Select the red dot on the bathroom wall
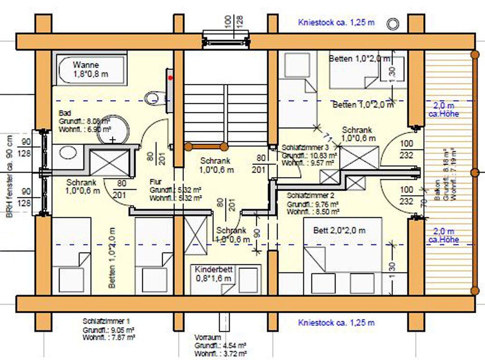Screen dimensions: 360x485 point(170,77)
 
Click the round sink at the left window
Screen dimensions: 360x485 point(69,153)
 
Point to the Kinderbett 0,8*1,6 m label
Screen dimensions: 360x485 point(214,274)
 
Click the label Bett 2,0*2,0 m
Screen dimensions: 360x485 point(339,231)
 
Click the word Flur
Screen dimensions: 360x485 point(155,182)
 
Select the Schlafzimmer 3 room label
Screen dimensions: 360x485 point(305,147)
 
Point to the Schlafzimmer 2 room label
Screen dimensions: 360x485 point(310,196)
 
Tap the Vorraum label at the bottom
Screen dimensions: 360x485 point(208,337)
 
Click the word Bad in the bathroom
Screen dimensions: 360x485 point(65,113)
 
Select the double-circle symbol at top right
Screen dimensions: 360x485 point(395,23)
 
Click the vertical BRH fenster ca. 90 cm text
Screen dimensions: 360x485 point(9,175)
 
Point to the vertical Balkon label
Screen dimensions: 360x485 point(437,197)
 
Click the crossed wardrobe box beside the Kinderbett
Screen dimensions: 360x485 point(195,235)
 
